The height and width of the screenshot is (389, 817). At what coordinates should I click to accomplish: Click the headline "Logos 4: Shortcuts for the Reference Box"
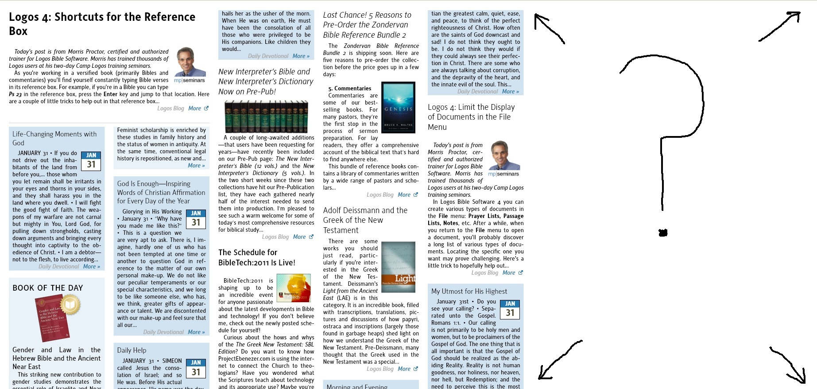[102, 23]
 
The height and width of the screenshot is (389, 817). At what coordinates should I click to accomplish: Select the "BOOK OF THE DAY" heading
[48, 288]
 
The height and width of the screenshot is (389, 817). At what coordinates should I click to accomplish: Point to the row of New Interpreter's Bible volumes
[266, 117]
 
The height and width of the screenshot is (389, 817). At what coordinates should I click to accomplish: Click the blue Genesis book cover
[398, 108]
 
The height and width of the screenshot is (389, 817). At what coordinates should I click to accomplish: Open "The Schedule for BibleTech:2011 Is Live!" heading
[257, 257]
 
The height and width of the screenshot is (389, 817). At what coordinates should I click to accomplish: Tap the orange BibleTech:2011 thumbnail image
[294, 289]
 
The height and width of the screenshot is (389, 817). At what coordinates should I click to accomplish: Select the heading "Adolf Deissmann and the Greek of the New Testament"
[365, 220]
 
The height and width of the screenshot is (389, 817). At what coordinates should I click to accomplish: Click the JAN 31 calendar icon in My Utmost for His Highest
[510, 310]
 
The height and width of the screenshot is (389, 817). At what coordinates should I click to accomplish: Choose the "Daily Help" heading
[132, 350]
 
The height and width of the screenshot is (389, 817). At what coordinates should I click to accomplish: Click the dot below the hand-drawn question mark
[663, 233]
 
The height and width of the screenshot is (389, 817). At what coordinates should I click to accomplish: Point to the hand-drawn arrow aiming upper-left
[549, 28]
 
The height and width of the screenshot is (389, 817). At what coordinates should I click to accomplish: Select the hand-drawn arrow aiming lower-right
[789, 366]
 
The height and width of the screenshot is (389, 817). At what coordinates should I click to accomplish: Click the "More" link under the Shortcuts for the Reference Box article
[195, 108]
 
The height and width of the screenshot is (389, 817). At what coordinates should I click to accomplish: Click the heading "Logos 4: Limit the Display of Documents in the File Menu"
[471, 117]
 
